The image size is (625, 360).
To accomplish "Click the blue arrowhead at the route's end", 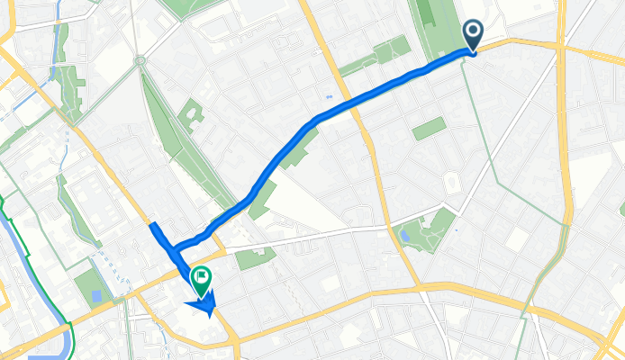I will (x=207, y=309).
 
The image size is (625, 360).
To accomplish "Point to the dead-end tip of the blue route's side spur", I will (x=153, y=225).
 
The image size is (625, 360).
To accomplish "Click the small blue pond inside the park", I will (x=405, y=236).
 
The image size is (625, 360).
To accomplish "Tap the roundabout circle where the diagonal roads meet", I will (x=140, y=60).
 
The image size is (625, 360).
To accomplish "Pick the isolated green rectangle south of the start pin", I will (x=430, y=129).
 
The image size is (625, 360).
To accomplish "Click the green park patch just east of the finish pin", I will (x=255, y=259).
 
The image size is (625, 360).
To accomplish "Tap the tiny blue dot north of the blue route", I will (x=330, y=96).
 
